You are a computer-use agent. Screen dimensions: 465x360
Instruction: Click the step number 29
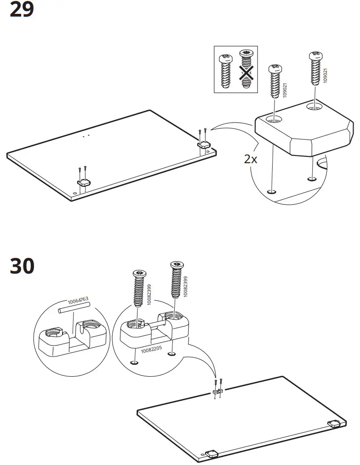[22, 10]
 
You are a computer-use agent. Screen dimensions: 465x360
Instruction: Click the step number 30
[22, 266]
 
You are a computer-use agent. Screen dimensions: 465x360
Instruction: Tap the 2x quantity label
[251, 160]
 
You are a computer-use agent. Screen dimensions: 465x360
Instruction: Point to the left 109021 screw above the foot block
[274, 81]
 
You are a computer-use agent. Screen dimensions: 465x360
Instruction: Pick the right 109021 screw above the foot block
[315, 69]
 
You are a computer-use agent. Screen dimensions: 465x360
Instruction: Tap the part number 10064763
[78, 302]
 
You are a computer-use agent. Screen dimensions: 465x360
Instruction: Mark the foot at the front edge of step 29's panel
[84, 183]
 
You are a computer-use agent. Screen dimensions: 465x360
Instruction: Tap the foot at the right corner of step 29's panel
[204, 144]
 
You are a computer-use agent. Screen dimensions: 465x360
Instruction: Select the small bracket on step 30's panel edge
[217, 391]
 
